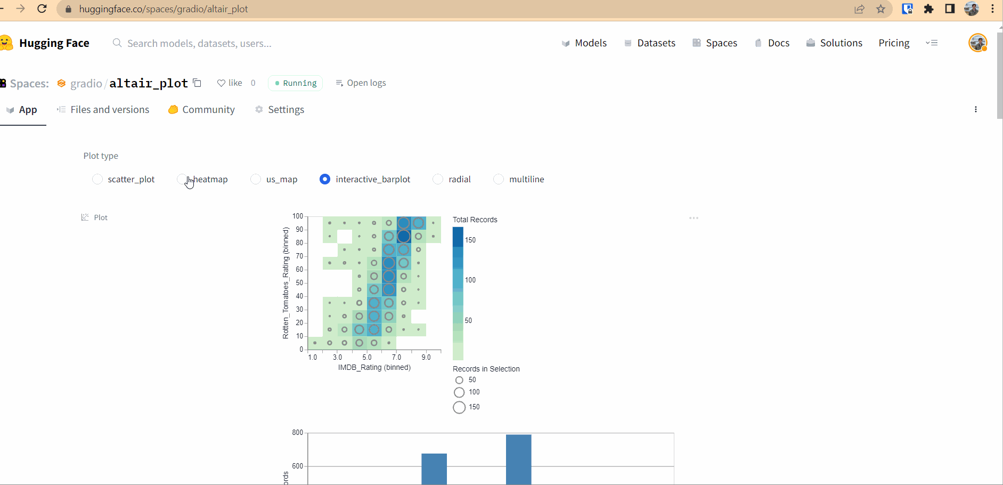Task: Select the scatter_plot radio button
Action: tap(97, 179)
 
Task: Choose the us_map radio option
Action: tap(256, 179)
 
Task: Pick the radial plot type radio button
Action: tap(438, 179)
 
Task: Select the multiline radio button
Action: tap(499, 179)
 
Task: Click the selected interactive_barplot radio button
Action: tap(325, 179)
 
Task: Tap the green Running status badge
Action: tap(296, 83)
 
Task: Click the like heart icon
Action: tap(221, 83)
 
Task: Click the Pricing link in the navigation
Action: tap(894, 43)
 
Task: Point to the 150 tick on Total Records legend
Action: tap(470, 240)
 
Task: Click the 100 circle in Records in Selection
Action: tap(459, 393)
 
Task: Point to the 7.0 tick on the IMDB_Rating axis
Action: tap(396, 357)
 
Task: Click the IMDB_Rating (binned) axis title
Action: tap(374, 368)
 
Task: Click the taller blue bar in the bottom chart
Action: tap(518, 459)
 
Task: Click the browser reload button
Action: tap(42, 9)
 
